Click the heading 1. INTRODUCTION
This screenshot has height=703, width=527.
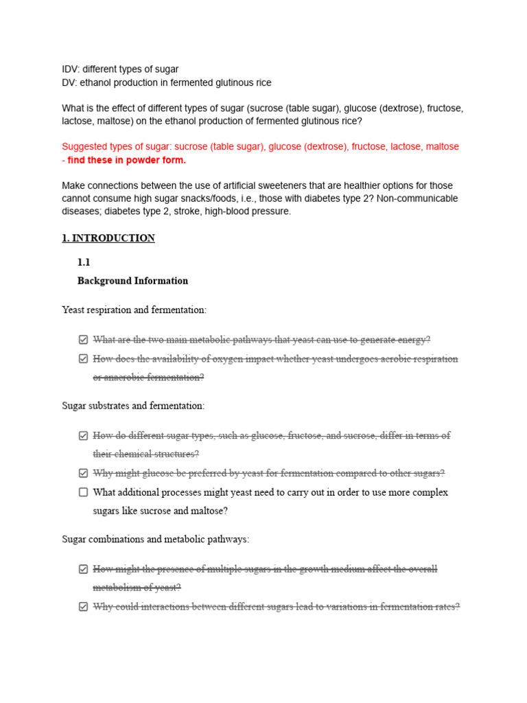pos(108,238)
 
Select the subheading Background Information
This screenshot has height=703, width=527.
pos(132,281)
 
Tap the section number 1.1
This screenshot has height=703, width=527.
pos(84,262)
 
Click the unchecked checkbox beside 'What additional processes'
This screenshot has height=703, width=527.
pos(84,492)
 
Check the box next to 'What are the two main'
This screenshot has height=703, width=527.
pos(84,340)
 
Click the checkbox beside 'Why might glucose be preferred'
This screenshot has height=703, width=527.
pos(84,473)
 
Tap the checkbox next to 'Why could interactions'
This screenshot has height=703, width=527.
pos(84,607)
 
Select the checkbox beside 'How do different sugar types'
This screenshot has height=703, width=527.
pos(84,435)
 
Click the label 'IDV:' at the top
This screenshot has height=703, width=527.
pos(71,69)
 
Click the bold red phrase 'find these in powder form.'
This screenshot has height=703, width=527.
pos(127,160)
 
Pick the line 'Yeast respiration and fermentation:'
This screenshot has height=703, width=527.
pos(134,310)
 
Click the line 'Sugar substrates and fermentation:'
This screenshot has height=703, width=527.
pos(133,406)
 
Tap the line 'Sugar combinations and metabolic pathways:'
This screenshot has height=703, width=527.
pos(156,540)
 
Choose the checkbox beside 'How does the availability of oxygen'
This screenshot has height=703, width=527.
pos(84,359)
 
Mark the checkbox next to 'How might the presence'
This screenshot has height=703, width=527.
pos(84,569)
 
